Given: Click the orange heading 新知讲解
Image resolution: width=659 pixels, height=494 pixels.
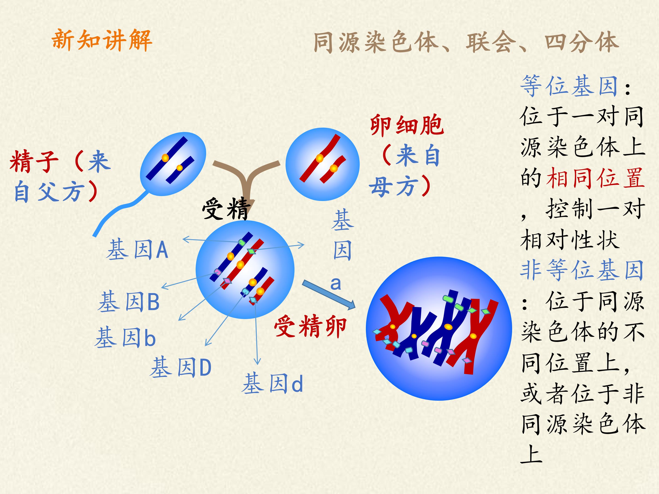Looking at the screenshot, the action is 102,40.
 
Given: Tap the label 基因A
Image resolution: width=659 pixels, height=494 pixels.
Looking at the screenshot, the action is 137,250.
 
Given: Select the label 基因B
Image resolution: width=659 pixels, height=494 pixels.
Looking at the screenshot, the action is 129,302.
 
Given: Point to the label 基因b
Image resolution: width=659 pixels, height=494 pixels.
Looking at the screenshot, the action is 125,337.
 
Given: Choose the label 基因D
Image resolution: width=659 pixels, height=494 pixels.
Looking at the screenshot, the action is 181,367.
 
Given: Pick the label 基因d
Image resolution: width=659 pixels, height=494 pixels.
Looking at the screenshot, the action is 272,384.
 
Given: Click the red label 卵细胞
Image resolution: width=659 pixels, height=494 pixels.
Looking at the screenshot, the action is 407,125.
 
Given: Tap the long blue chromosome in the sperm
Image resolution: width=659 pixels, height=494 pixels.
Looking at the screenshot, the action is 167,158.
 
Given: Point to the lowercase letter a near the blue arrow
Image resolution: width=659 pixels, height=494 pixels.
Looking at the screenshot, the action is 335,284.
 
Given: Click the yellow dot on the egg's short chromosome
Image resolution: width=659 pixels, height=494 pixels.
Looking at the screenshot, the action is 334,169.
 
